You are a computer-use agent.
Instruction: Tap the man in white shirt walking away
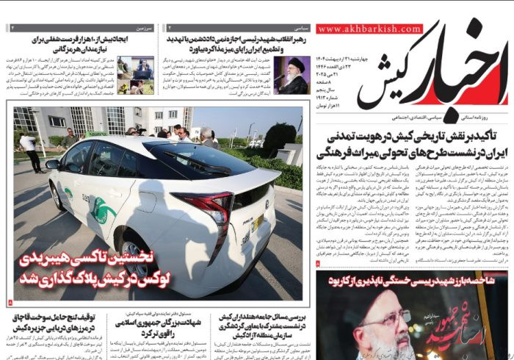click(30, 150)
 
